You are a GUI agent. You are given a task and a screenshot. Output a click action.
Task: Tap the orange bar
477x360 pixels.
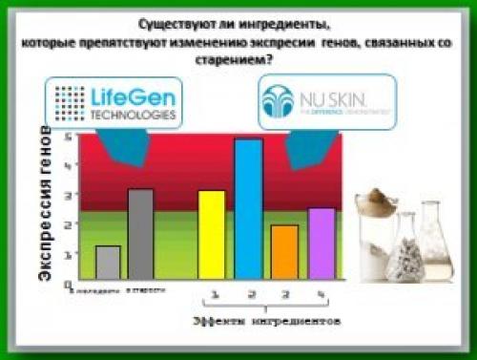point(284,251)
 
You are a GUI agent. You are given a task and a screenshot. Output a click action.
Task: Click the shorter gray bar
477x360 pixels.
point(109,262)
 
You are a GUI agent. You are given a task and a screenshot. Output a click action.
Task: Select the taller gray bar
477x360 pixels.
point(140,233)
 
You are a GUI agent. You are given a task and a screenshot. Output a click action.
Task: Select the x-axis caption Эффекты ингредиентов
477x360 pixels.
point(265,323)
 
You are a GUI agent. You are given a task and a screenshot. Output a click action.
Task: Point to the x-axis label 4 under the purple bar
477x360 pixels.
point(321,294)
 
